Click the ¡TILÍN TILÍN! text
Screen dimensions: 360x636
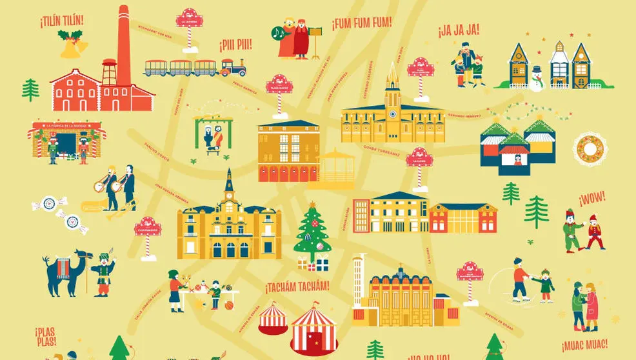[x=61, y=21]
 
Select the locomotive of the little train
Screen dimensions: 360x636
[x=234, y=68]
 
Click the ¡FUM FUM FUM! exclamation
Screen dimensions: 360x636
[x=361, y=25]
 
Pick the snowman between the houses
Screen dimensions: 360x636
[x=536, y=77]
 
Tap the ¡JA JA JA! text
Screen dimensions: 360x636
[x=457, y=31]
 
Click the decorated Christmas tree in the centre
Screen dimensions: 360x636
[x=312, y=232]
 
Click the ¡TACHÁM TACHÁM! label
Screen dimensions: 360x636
[x=297, y=286]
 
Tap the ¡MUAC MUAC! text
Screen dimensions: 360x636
[x=584, y=344]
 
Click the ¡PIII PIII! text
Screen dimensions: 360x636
[x=235, y=45]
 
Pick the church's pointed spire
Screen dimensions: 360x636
[x=392, y=81]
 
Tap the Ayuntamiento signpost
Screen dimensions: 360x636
[x=148, y=226]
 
